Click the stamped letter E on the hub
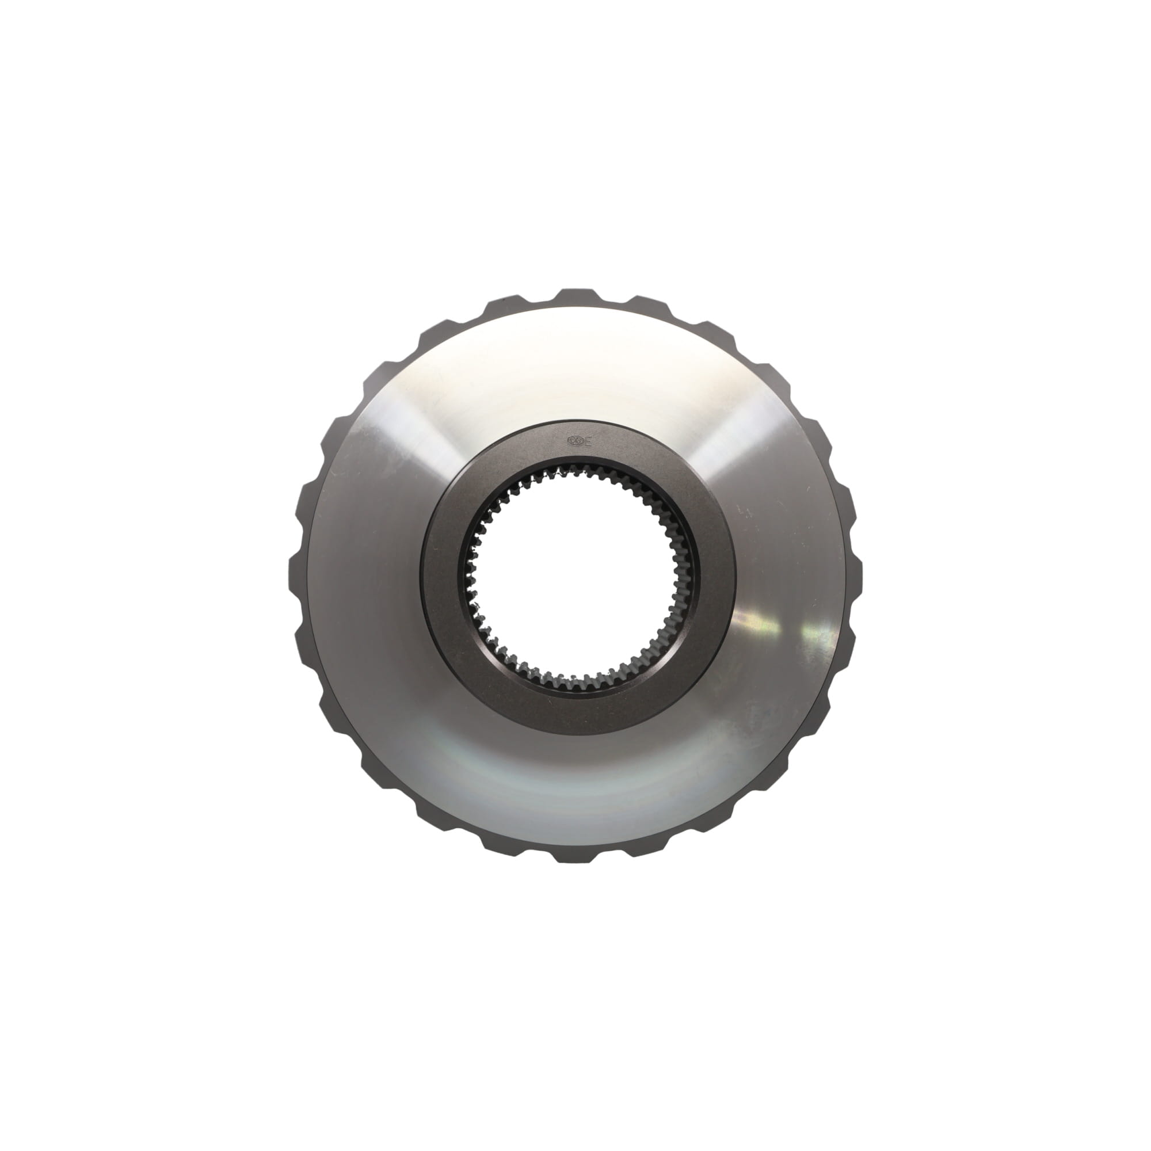click(x=589, y=441)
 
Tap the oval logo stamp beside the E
click(x=575, y=441)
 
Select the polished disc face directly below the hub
click(x=576, y=786)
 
